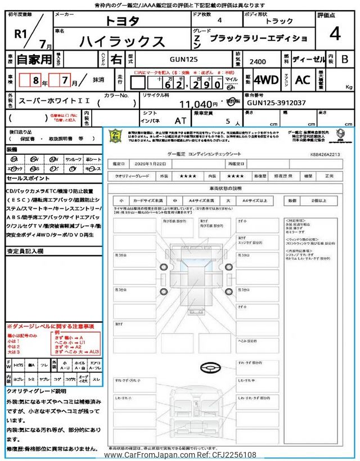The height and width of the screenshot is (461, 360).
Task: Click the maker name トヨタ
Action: (123, 21)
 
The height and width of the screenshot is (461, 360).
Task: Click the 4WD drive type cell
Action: (266, 80)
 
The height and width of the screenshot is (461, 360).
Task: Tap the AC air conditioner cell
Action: (303, 80)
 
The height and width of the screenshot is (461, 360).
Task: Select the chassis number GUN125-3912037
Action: (277, 103)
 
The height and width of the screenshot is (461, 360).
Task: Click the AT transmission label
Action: (181, 120)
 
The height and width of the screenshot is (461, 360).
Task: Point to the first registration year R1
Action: (21, 33)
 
